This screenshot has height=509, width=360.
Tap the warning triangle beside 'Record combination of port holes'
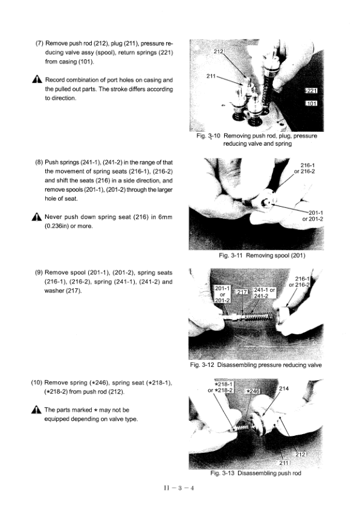(x=37, y=80)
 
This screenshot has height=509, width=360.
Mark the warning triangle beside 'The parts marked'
(x=37, y=410)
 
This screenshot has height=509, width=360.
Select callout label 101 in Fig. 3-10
(x=312, y=103)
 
